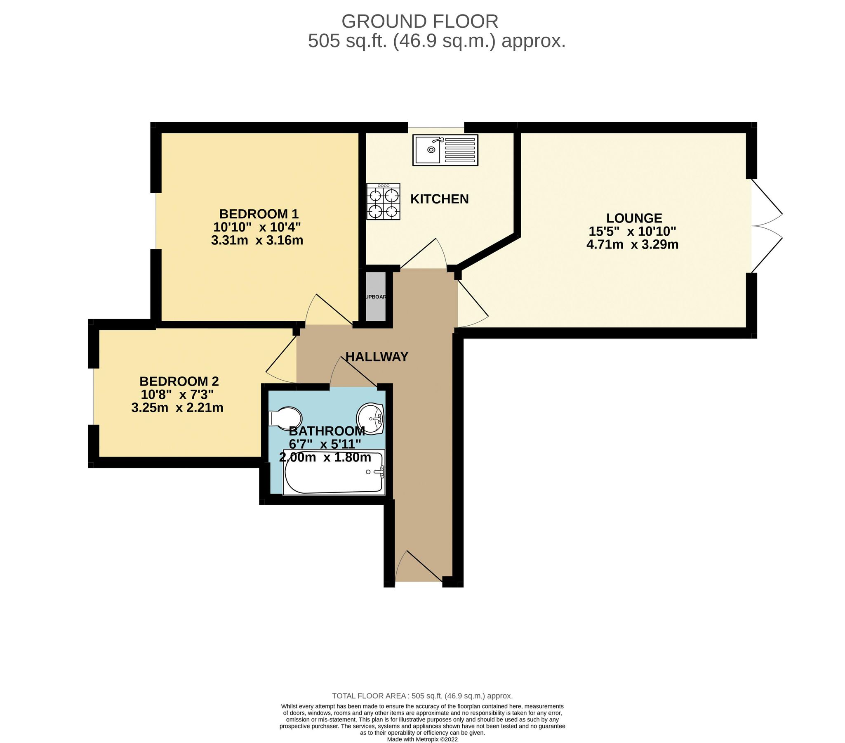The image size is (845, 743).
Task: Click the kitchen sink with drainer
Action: pyautogui.click(x=445, y=150)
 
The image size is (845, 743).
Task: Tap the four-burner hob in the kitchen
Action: pyautogui.click(x=383, y=201)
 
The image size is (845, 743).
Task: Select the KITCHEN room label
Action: pyautogui.click(x=439, y=199)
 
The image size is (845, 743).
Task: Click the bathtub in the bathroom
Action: pyautogui.click(x=334, y=472)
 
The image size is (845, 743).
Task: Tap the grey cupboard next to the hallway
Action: pyautogui.click(x=375, y=296)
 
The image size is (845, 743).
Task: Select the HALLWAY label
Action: pyautogui.click(x=377, y=357)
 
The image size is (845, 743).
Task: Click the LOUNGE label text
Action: pyautogui.click(x=634, y=218)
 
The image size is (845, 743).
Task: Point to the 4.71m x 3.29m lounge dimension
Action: pyautogui.click(x=632, y=244)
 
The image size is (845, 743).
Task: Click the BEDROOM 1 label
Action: pyautogui.click(x=259, y=214)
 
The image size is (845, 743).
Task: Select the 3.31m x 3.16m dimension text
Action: pyautogui.click(x=257, y=240)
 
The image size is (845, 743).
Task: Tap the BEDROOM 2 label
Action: pyautogui.click(x=179, y=381)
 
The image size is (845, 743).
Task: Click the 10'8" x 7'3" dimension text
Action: pyautogui.click(x=177, y=395)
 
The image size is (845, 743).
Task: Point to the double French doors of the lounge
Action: pyautogui.click(x=767, y=226)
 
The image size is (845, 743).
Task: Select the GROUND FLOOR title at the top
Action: pyautogui.click(x=419, y=21)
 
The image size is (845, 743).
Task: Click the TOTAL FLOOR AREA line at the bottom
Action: pyautogui.click(x=422, y=696)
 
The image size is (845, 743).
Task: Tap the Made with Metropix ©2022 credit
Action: pyautogui.click(x=422, y=739)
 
